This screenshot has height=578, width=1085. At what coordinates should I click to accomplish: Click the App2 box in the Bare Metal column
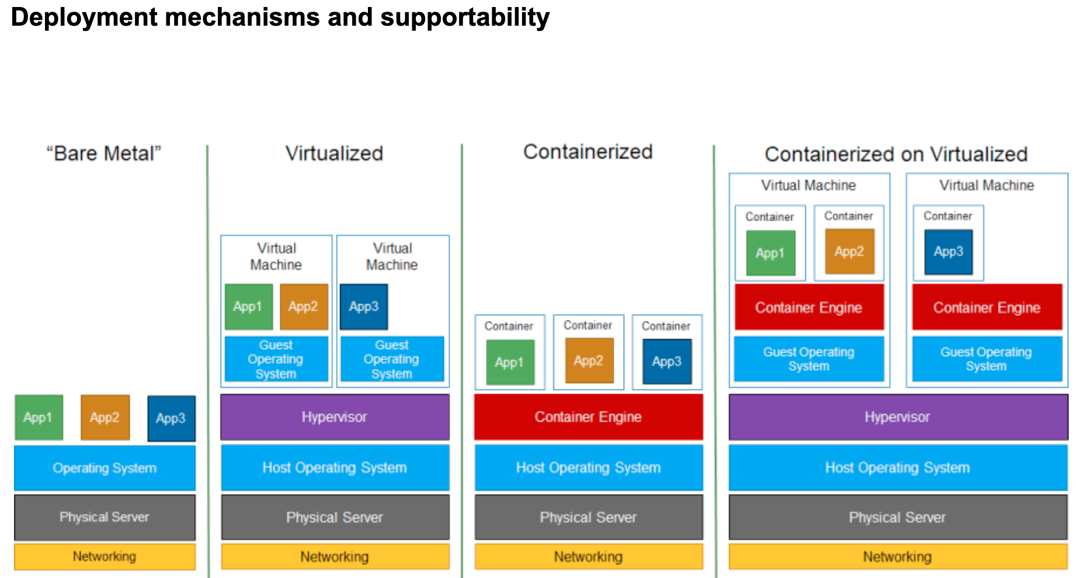[x=105, y=417]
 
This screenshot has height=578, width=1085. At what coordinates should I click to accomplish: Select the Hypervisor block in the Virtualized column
[x=335, y=417]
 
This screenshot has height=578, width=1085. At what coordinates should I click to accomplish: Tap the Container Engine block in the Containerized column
[x=588, y=417]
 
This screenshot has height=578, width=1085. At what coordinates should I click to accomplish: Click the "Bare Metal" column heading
[x=104, y=154]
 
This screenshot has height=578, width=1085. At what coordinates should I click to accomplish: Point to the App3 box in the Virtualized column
[x=364, y=307]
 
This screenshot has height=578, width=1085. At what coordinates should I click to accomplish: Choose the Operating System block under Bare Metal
[x=105, y=468]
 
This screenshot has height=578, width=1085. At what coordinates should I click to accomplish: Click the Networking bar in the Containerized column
[x=588, y=556]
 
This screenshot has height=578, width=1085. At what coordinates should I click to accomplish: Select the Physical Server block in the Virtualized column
[x=335, y=517]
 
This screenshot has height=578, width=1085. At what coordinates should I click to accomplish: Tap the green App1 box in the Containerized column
[x=510, y=362]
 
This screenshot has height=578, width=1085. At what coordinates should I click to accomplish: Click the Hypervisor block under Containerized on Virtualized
[x=898, y=417]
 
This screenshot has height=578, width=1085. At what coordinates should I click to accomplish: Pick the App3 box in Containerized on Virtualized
[x=948, y=252]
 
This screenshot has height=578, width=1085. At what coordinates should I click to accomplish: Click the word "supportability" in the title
[x=465, y=18]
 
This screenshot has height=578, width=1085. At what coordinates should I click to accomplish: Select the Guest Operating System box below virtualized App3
[x=392, y=359]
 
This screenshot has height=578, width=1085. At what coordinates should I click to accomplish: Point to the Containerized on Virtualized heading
[x=896, y=154]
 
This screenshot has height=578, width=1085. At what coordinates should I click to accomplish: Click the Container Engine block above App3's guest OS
[x=987, y=307]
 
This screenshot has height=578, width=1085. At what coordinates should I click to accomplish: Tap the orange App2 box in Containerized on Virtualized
[x=849, y=252]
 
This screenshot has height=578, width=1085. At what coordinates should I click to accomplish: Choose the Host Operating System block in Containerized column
[x=588, y=468]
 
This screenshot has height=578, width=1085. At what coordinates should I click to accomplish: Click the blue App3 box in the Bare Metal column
[x=171, y=418]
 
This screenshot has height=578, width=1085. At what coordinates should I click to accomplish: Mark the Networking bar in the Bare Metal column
[x=105, y=556]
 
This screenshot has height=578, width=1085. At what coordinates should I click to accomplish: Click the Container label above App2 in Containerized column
[x=588, y=325]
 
